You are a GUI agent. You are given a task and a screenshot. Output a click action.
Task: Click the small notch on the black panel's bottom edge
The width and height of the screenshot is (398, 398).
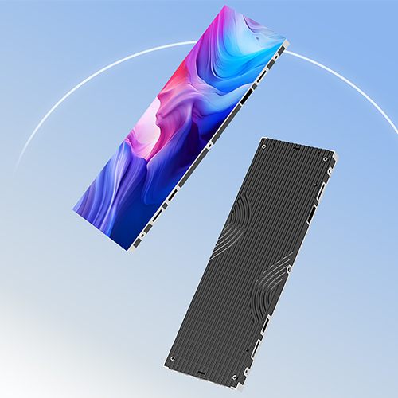coord(201,370)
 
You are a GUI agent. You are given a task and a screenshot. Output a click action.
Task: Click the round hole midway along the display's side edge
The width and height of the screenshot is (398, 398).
coord(209,145)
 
